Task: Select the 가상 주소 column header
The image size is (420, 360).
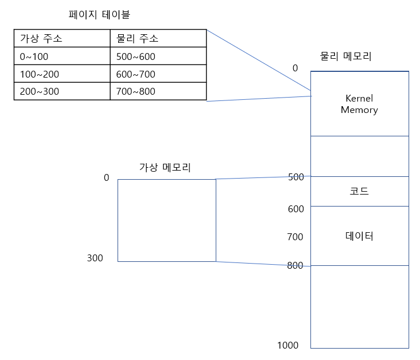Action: (41, 39)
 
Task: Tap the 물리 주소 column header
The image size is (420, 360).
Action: (137, 39)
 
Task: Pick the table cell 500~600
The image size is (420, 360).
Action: (135, 56)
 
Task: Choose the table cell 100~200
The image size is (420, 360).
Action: (39, 74)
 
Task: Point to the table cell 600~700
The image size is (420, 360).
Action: (135, 74)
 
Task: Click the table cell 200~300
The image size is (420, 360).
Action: (39, 91)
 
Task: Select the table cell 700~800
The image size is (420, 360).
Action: (135, 91)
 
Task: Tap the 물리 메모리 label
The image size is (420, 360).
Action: (346, 56)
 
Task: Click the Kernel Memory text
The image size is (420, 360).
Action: (359, 104)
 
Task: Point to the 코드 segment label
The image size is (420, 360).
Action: (359, 191)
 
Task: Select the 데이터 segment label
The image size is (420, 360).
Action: (359, 236)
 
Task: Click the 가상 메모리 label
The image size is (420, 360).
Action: (165, 167)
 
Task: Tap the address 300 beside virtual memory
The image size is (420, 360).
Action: (95, 258)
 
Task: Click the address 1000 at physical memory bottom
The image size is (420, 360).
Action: (288, 345)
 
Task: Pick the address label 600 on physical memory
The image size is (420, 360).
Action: (296, 209)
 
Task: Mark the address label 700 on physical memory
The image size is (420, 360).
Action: (295, 237)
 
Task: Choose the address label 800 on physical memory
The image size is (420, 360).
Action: (295, 265)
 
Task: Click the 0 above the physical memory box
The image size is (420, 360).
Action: (295, 68)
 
